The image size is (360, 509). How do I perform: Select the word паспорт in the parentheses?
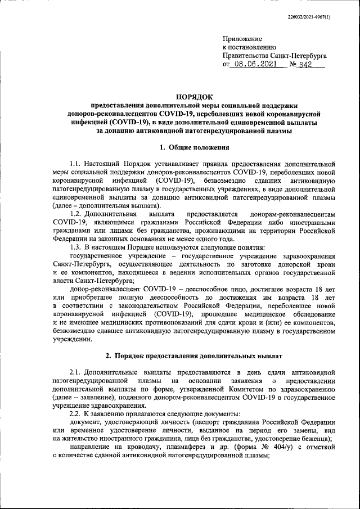tap(206, 422)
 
